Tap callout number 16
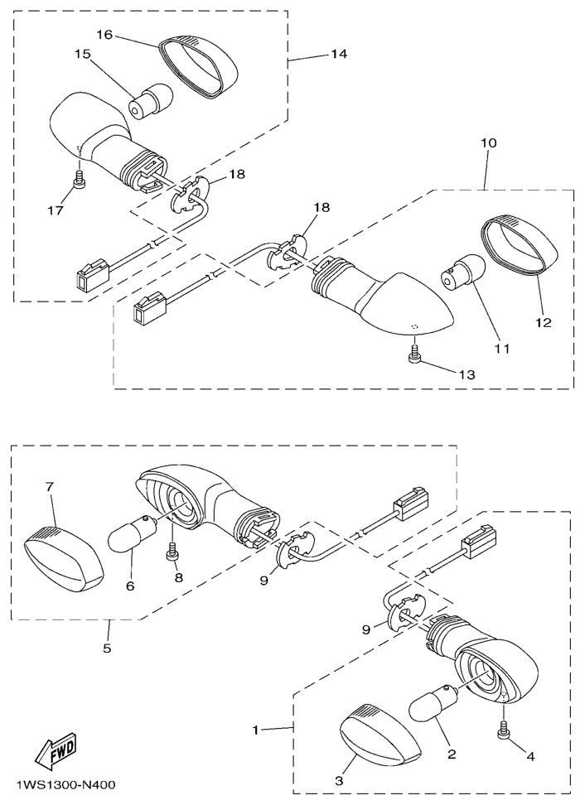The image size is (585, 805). point(104,34)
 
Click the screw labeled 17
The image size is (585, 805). point(79,180)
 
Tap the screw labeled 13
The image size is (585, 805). point(415,355)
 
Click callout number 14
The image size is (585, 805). point(338,54)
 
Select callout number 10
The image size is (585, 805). point(488,142)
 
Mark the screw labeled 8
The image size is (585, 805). point(173,552)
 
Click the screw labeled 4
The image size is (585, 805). point(503,732)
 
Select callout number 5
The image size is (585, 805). point(106,648)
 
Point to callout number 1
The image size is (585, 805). point(255,729)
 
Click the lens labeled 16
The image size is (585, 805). point(199,67)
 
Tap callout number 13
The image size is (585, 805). point(467,375)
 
